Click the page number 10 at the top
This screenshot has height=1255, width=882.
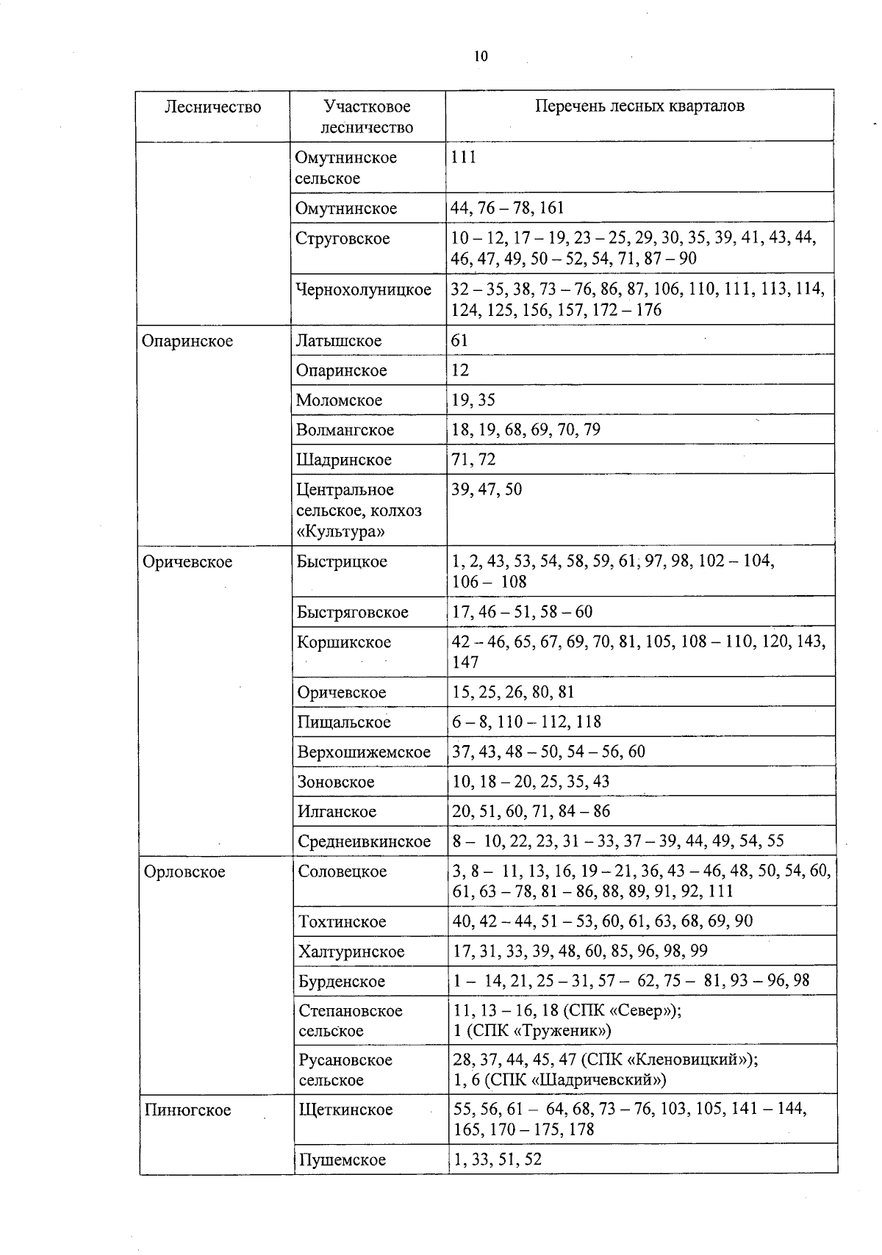click(481, 57)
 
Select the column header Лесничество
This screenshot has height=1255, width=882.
click(212, 107)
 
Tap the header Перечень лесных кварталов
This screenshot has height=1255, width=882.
click(639, 106)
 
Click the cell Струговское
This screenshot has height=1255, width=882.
click(343, 239)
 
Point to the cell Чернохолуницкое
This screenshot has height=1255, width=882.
click(363, 290)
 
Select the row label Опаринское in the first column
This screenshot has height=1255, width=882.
click(187, 341)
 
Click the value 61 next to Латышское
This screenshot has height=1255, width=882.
click(459, 340)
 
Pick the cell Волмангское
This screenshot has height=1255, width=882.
click(345, 430)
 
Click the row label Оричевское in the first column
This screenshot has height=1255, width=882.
click(187, 562)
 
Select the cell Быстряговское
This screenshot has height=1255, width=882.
click(352, 612)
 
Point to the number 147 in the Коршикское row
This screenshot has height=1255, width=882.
click(465, 662)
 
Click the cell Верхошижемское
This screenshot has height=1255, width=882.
click(364, 752)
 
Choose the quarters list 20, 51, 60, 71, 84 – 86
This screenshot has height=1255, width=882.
click(531, 811)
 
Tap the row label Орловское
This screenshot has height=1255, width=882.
click(184, 872)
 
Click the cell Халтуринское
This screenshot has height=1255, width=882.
click(351, 952)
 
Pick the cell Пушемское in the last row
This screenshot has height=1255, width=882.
click(342, 1160)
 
